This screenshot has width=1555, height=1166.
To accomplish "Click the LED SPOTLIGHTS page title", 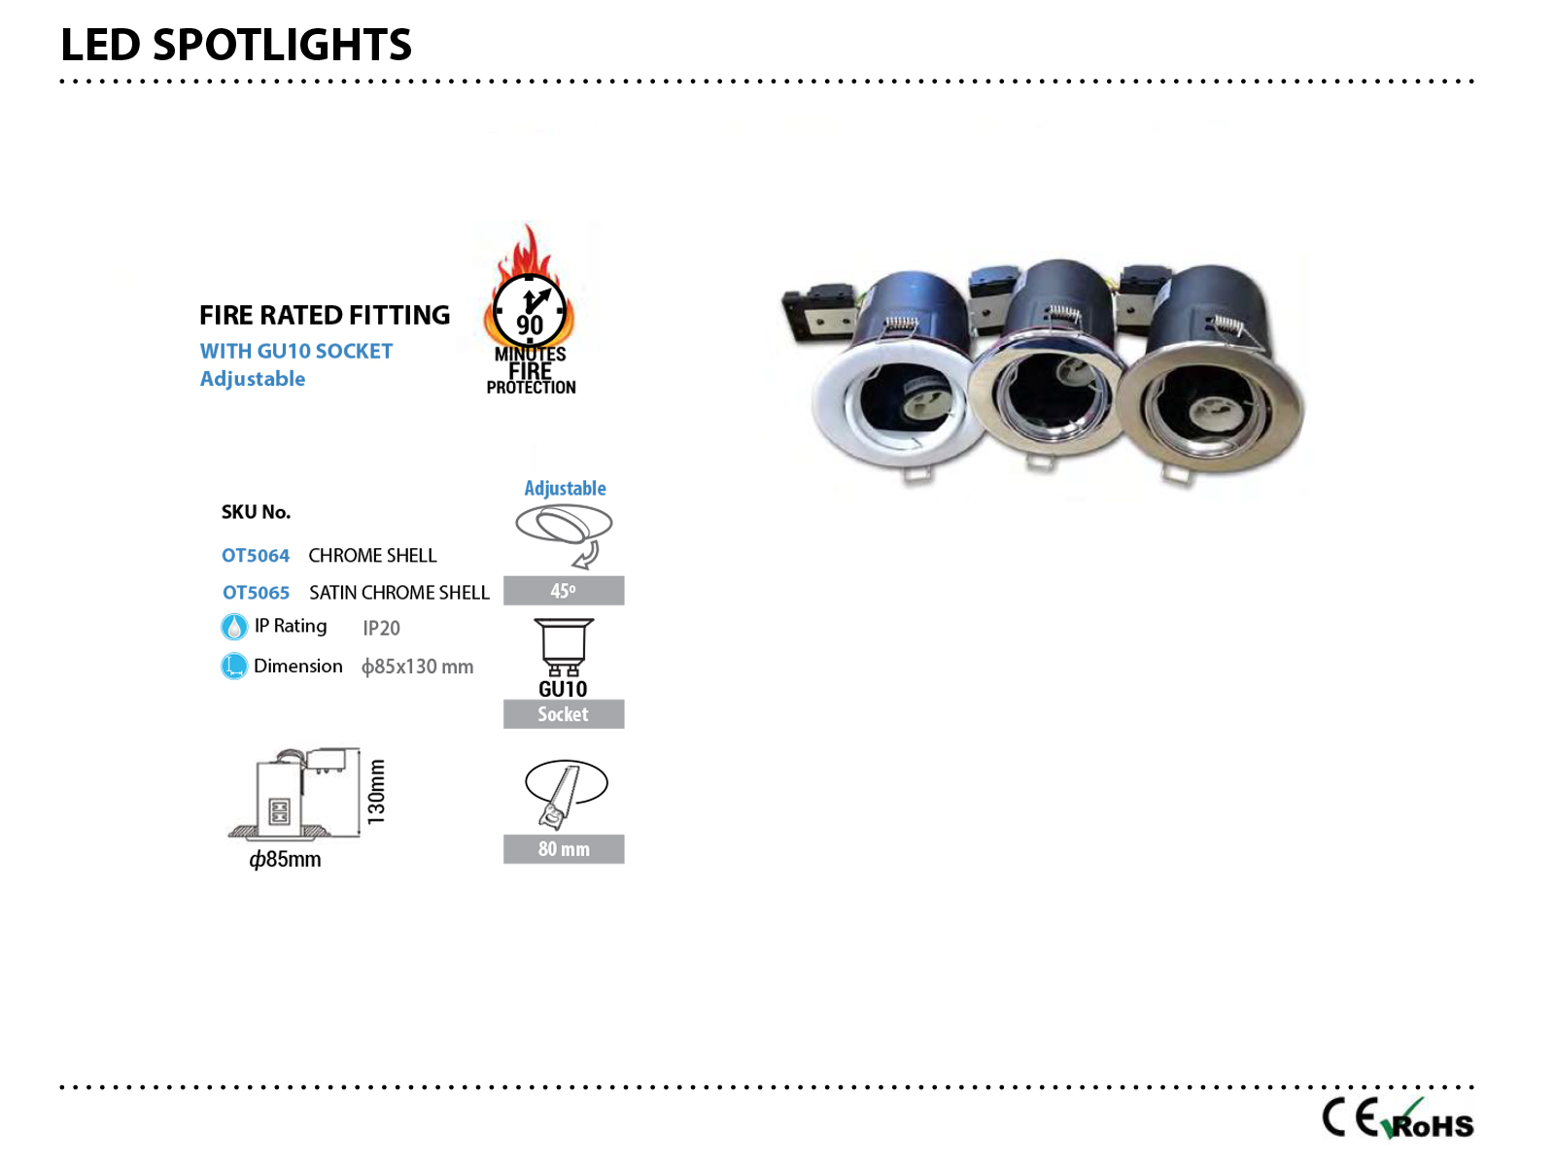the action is pyautogui.click(x=236, y=45).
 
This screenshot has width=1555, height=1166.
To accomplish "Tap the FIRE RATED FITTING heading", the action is pyautogui.click(x=325, y=315).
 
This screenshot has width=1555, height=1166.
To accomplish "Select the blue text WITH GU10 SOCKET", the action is pyautogui.click(x=296, y=351).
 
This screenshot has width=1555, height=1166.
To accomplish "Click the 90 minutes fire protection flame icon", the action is pyautogui.click(x=530, y=309).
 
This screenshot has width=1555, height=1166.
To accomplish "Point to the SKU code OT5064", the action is pyautogui.click(x=256, y=556).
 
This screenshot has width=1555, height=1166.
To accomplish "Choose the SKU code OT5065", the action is pyautogui.click(x=257, y=593).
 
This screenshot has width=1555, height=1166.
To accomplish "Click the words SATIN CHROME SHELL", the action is pyautogui.click(x=398, y=593).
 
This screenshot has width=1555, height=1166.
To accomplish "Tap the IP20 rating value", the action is pyautogui.click(x=381, y=629).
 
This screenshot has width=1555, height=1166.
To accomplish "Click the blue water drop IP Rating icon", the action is pyautogui.click(x=234, y=627).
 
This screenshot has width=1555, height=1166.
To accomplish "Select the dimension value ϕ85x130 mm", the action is pyautogui.click(x=417, y=667).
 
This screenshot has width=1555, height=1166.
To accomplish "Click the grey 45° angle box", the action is pyautogui.click(x=564, y=591).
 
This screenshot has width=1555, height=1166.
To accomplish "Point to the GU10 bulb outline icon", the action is pyautogui.click(x=564, y=647).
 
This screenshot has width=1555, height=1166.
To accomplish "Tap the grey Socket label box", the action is pyautogui.click(x=564, y=714).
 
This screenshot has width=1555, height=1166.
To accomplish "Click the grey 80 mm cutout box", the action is pyautogui.click(x=564, y=849).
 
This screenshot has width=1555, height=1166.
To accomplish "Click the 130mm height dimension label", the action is pyautogui.click(x=376, y=792).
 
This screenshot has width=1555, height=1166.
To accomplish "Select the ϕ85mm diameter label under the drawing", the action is pyautogui.click(x=285, y=860).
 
